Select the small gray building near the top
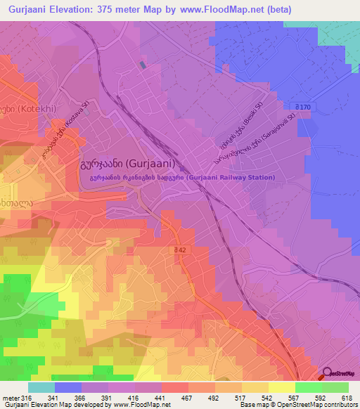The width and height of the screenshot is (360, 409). point(143,64)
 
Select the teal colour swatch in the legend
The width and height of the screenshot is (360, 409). point(41,387)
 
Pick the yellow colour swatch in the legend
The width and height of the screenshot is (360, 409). point(281,387)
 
